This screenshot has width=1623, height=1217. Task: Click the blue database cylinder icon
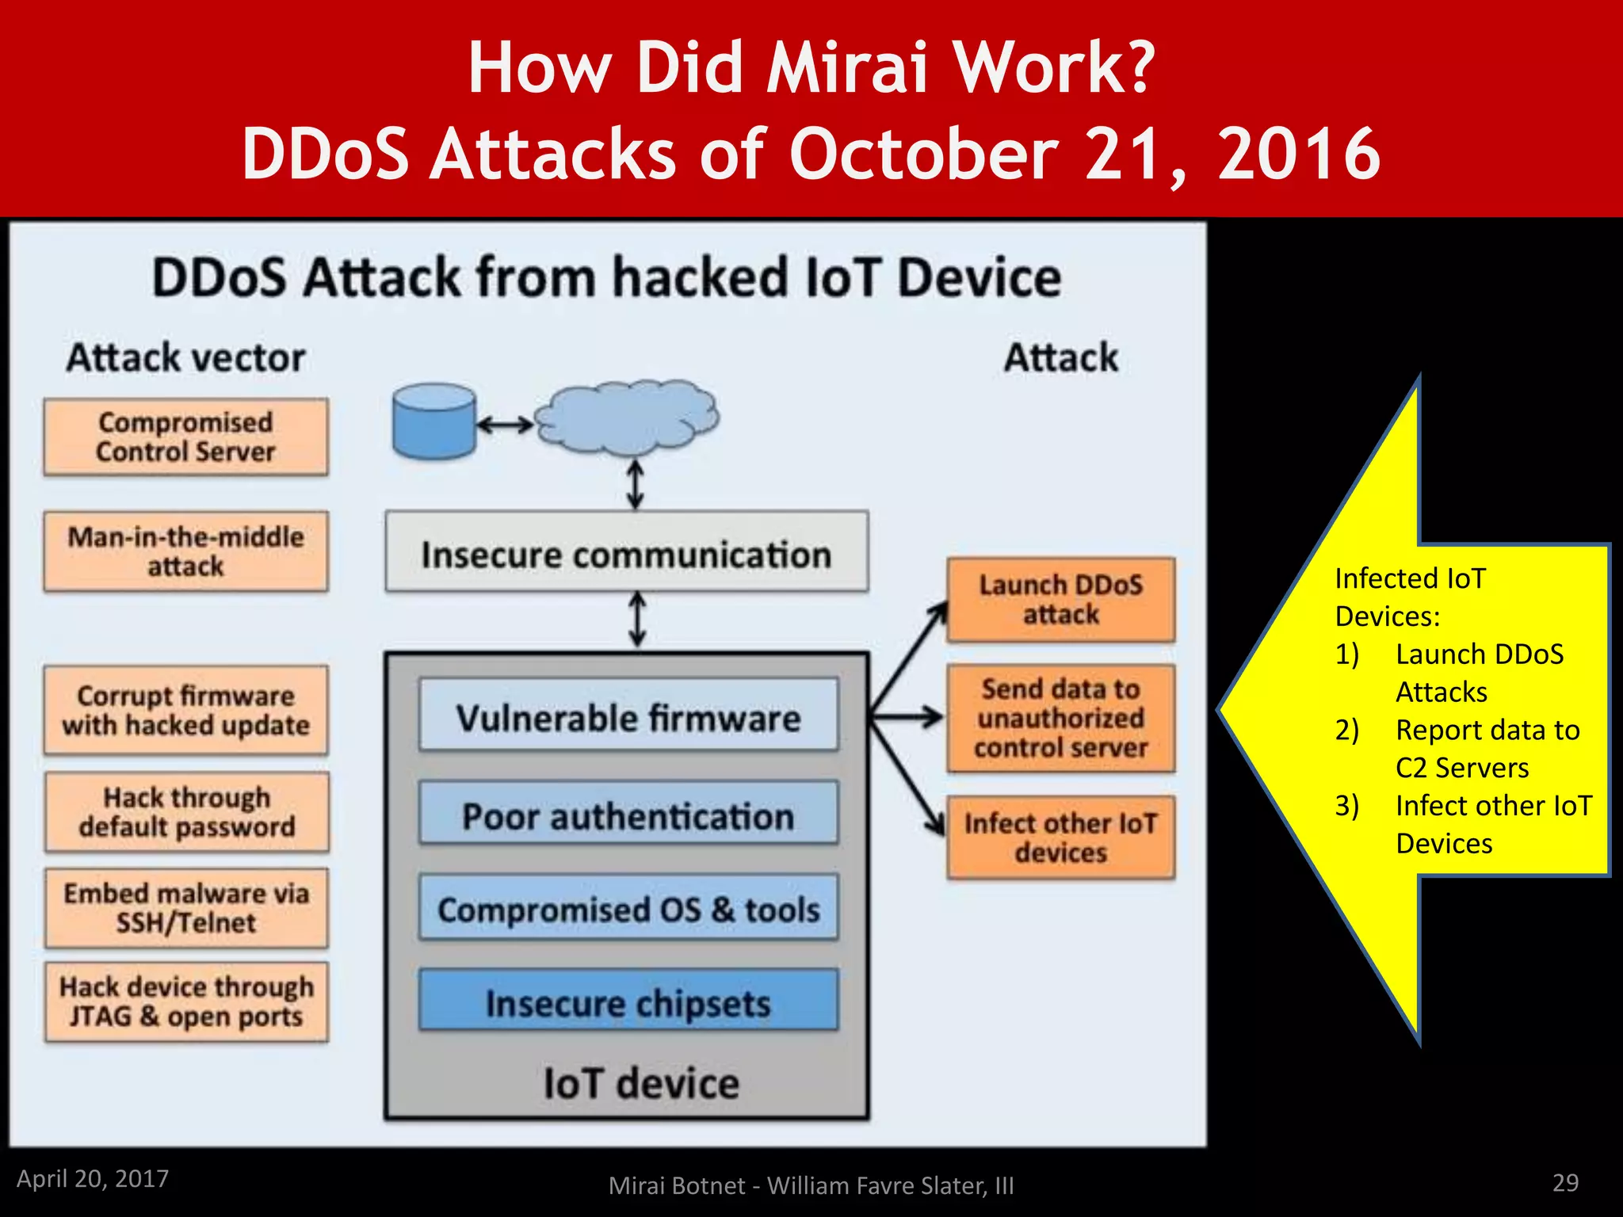pos(433,421)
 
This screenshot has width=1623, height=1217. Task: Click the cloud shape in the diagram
pos(626,418)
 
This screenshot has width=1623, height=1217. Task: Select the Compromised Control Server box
pos(185,437)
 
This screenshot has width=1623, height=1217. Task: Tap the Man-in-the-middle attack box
pos(185,551)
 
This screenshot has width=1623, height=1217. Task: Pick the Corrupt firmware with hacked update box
pos(185,710)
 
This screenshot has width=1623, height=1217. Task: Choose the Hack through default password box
pos(187,812)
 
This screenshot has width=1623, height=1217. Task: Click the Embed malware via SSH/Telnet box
pos(186,908)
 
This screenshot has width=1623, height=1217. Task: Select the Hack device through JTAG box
pos(186,1001)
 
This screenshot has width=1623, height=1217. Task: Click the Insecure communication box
pos(626,552)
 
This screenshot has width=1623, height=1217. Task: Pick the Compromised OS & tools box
pos(628,908)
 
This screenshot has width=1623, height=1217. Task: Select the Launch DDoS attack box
pos(1060,600)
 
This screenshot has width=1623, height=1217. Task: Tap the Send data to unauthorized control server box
pos(1060,719)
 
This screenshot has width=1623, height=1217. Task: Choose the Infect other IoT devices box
pos(1060,837)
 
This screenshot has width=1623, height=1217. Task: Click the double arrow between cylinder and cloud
pos(505,425)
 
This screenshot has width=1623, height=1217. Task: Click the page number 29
pos(1564,1182)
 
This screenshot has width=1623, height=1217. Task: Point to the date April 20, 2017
pos(93,1178)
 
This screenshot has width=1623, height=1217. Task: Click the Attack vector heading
pos(185,357)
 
